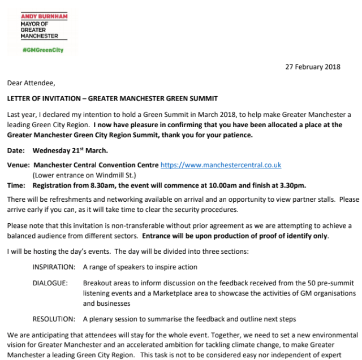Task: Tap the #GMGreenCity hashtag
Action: [x=42, y=50]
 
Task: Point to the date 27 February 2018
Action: [x=313, y=67]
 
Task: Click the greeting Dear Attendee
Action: [x=31, y=83]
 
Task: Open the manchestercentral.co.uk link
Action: [x=221, y=165]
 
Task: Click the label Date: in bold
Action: [x=16, y=150]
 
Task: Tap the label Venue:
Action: [x=19, y=165]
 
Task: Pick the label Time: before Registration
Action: [x=17, y=185]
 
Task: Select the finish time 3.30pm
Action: [x=292, y=185]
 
